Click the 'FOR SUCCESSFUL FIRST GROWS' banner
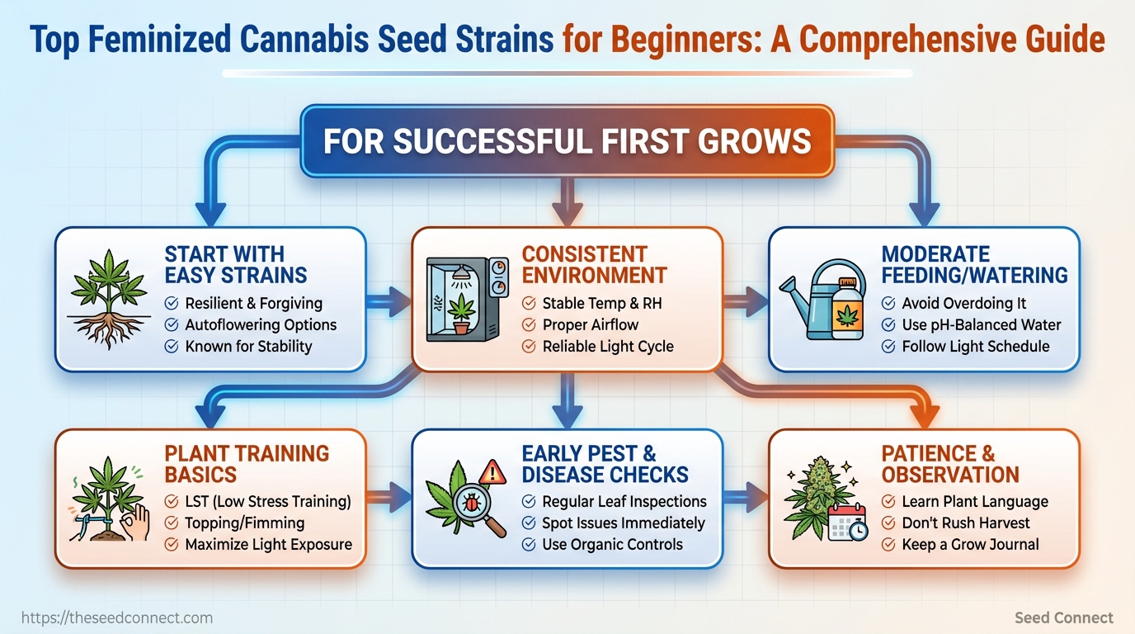point(567,141)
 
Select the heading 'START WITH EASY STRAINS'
point(236,265)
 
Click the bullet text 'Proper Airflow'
point(591,324)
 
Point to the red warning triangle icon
point(492,472)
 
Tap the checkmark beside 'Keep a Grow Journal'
point(888,545)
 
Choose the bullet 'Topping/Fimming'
point(245,523)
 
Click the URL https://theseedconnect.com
point(117,617)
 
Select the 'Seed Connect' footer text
point(1063,617)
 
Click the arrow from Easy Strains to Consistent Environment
point(389,302)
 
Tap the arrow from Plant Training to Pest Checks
point(389,498)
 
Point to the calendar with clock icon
point(848,523)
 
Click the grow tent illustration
point(467,299)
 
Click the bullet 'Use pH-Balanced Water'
point(981,324)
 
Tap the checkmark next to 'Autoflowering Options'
point(172,324)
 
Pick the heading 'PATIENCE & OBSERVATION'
point(950,464)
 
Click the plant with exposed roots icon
point(109,299)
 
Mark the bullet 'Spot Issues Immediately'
point(624,523)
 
